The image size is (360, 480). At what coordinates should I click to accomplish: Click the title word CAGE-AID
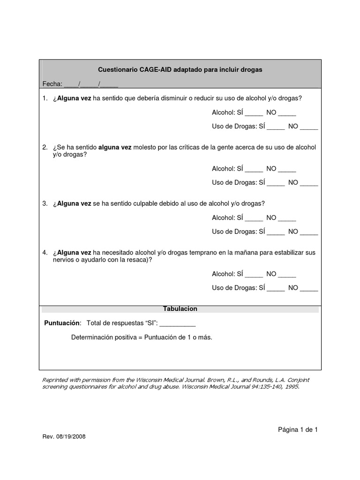coord(156,69)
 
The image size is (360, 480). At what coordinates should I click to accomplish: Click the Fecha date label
coord(52,84)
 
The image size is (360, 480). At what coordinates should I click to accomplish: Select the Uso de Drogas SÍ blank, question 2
coord(276,183)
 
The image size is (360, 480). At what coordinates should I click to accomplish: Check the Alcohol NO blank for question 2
coord(287,170)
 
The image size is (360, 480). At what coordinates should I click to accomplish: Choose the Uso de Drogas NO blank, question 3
coord(309,232)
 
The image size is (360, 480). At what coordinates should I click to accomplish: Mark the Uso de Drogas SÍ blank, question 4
coord(276,289)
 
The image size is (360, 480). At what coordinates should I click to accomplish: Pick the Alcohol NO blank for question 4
coord(287,275)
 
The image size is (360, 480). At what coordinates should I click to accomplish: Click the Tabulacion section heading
coord(180,309)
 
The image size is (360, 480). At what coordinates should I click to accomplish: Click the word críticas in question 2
coord(190,148)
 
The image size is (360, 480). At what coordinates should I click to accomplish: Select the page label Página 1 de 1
coord(298,429)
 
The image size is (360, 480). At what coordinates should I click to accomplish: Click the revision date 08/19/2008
coord(70,436)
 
